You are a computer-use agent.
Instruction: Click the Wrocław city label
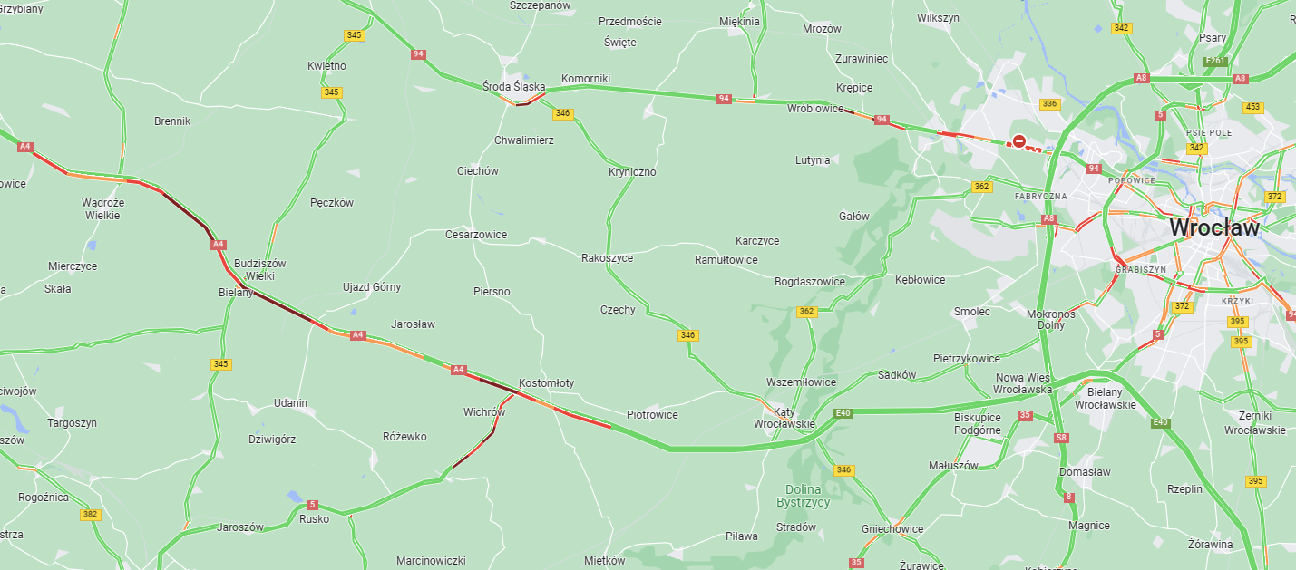pyautogui.click(x=1213, y=227)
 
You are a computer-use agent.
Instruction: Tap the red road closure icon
pyautogui.click(x=1018, y=141)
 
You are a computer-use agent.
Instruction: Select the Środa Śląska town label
pyautogui.click(x=513, y=87)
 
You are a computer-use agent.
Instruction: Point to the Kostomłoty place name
pyautogui.click(x=546, y=383)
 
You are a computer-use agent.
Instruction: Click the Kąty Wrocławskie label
pyautogui.click(x=784, y=418)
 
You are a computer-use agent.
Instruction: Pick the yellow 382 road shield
pyautogui.click(x=90, y=514)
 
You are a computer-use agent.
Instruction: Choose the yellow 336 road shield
pyautogui.click(x=1050, y=104)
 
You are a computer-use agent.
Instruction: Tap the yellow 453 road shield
pyautogui.click(x=1252, y=107)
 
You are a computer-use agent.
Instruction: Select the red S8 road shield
pyautogui.click(x=1061, y=438)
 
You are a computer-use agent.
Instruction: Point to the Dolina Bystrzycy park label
pyautogui.click(x=803, y=496)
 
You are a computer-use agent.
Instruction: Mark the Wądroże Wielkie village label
pyautogui.click(x=102, y=209)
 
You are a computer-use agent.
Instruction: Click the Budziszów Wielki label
pyautogui.click(x=259, y=269)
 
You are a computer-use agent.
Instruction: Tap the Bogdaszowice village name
pyautogui.click(x=809, y=282)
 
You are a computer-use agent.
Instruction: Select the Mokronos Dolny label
pyautogui.click(x=1050, y=319)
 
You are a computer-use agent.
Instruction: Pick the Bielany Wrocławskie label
pyautogui.click(x=1104, y=398)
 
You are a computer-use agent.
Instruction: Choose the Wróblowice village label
pyautogui.click(x=814, y=108)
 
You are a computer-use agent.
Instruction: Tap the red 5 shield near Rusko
pyautogui.click(x=313, y=505)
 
